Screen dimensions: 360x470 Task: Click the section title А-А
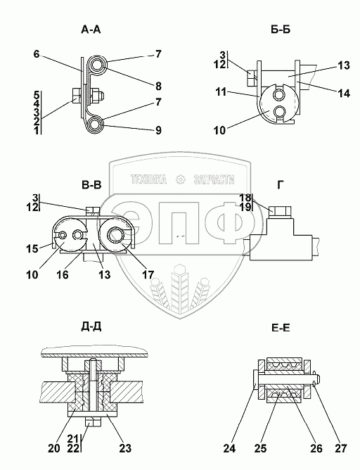pos(91,30)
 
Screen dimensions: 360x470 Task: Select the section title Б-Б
pos(281,30)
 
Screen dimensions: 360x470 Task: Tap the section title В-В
pos(91,185)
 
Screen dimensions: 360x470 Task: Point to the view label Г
pos(280,185)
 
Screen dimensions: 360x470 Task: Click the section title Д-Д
pos(91,327)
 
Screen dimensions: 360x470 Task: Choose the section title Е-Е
pos(281,328)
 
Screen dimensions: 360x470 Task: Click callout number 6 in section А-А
pos(37,54)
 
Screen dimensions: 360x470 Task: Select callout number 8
pos(158,87)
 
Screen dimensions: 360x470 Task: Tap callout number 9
pos(158,130)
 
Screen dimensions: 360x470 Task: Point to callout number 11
pos(221,92)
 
